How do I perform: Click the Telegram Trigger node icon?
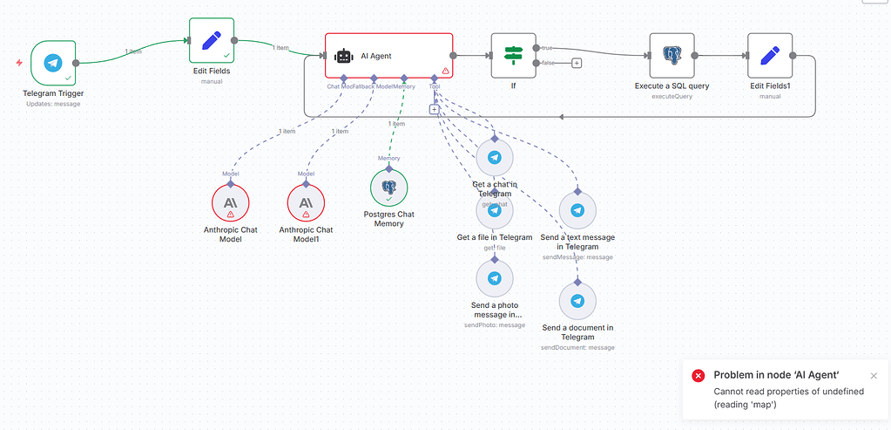coord(53,63)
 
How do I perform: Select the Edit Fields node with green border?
coord(212,40)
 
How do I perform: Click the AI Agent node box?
coord(388,56)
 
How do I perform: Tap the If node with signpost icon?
coord(513,55)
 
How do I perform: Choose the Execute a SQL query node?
coord(672,55)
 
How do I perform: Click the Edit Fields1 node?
coord(770,55)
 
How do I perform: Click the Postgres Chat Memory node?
coord(388,187)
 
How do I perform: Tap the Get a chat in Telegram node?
coord(495,158)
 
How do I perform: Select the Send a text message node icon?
coord(577,210)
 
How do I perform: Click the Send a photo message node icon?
coord(495,278)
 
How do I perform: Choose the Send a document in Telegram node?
coord(577,301)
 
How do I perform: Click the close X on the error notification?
coord(874,376)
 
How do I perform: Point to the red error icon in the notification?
coord(698,375)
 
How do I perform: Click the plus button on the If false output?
coord(577,62)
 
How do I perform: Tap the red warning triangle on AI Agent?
coord(445,71)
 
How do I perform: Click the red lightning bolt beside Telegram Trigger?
coord(19,63)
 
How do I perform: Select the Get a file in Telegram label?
coord(495,237)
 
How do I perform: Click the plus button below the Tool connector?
coord(434,109)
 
